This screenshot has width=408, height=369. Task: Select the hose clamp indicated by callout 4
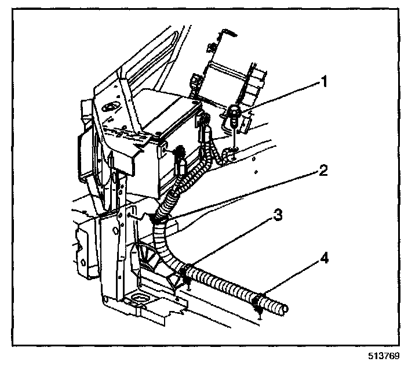coord(259,302)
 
